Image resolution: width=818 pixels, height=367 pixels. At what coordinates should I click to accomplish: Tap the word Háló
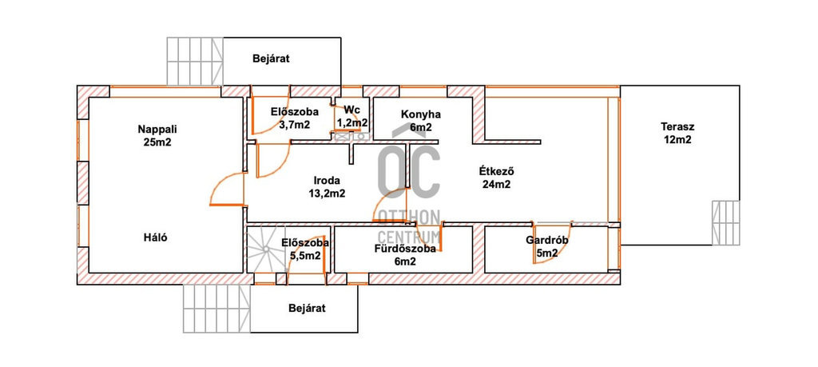tap(155, 236)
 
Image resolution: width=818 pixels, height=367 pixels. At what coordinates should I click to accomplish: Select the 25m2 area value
tap(155, 142)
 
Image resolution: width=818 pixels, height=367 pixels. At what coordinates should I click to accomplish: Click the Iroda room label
tap(328, 180)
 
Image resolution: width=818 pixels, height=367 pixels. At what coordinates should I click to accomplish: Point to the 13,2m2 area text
tap(328, 193)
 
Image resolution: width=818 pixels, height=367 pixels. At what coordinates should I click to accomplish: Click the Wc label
tap(352, 110)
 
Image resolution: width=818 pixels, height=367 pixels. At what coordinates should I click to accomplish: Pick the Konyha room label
tap(421, 114)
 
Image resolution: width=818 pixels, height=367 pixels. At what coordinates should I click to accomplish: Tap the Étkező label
tap(495, 170)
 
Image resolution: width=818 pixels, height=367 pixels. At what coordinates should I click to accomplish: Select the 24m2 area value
tap(496, 184)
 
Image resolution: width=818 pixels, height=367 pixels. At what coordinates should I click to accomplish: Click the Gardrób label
tap(546, 240)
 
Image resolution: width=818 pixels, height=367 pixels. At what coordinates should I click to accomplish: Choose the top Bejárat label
tap(270, 58)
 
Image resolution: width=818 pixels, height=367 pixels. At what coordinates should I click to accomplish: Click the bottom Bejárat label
tap(308, 308)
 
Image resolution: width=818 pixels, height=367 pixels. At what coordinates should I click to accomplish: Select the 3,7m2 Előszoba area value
tap(295, 125)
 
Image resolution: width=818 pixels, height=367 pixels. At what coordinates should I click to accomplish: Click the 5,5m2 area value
tap(306, 256)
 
